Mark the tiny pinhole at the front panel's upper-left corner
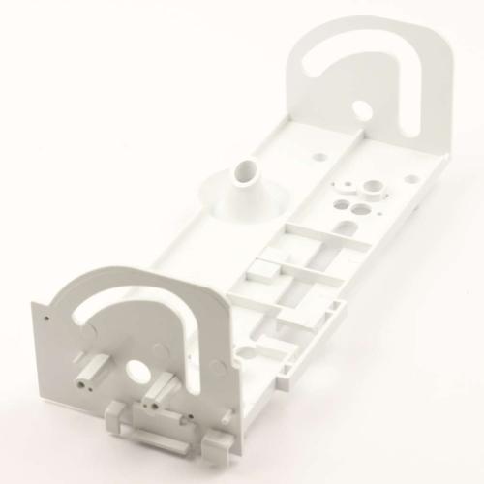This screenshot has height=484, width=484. pos(46,315)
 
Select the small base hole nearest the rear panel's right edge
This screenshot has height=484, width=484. pos(412,177)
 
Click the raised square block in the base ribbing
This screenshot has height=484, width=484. pos(258,266)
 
